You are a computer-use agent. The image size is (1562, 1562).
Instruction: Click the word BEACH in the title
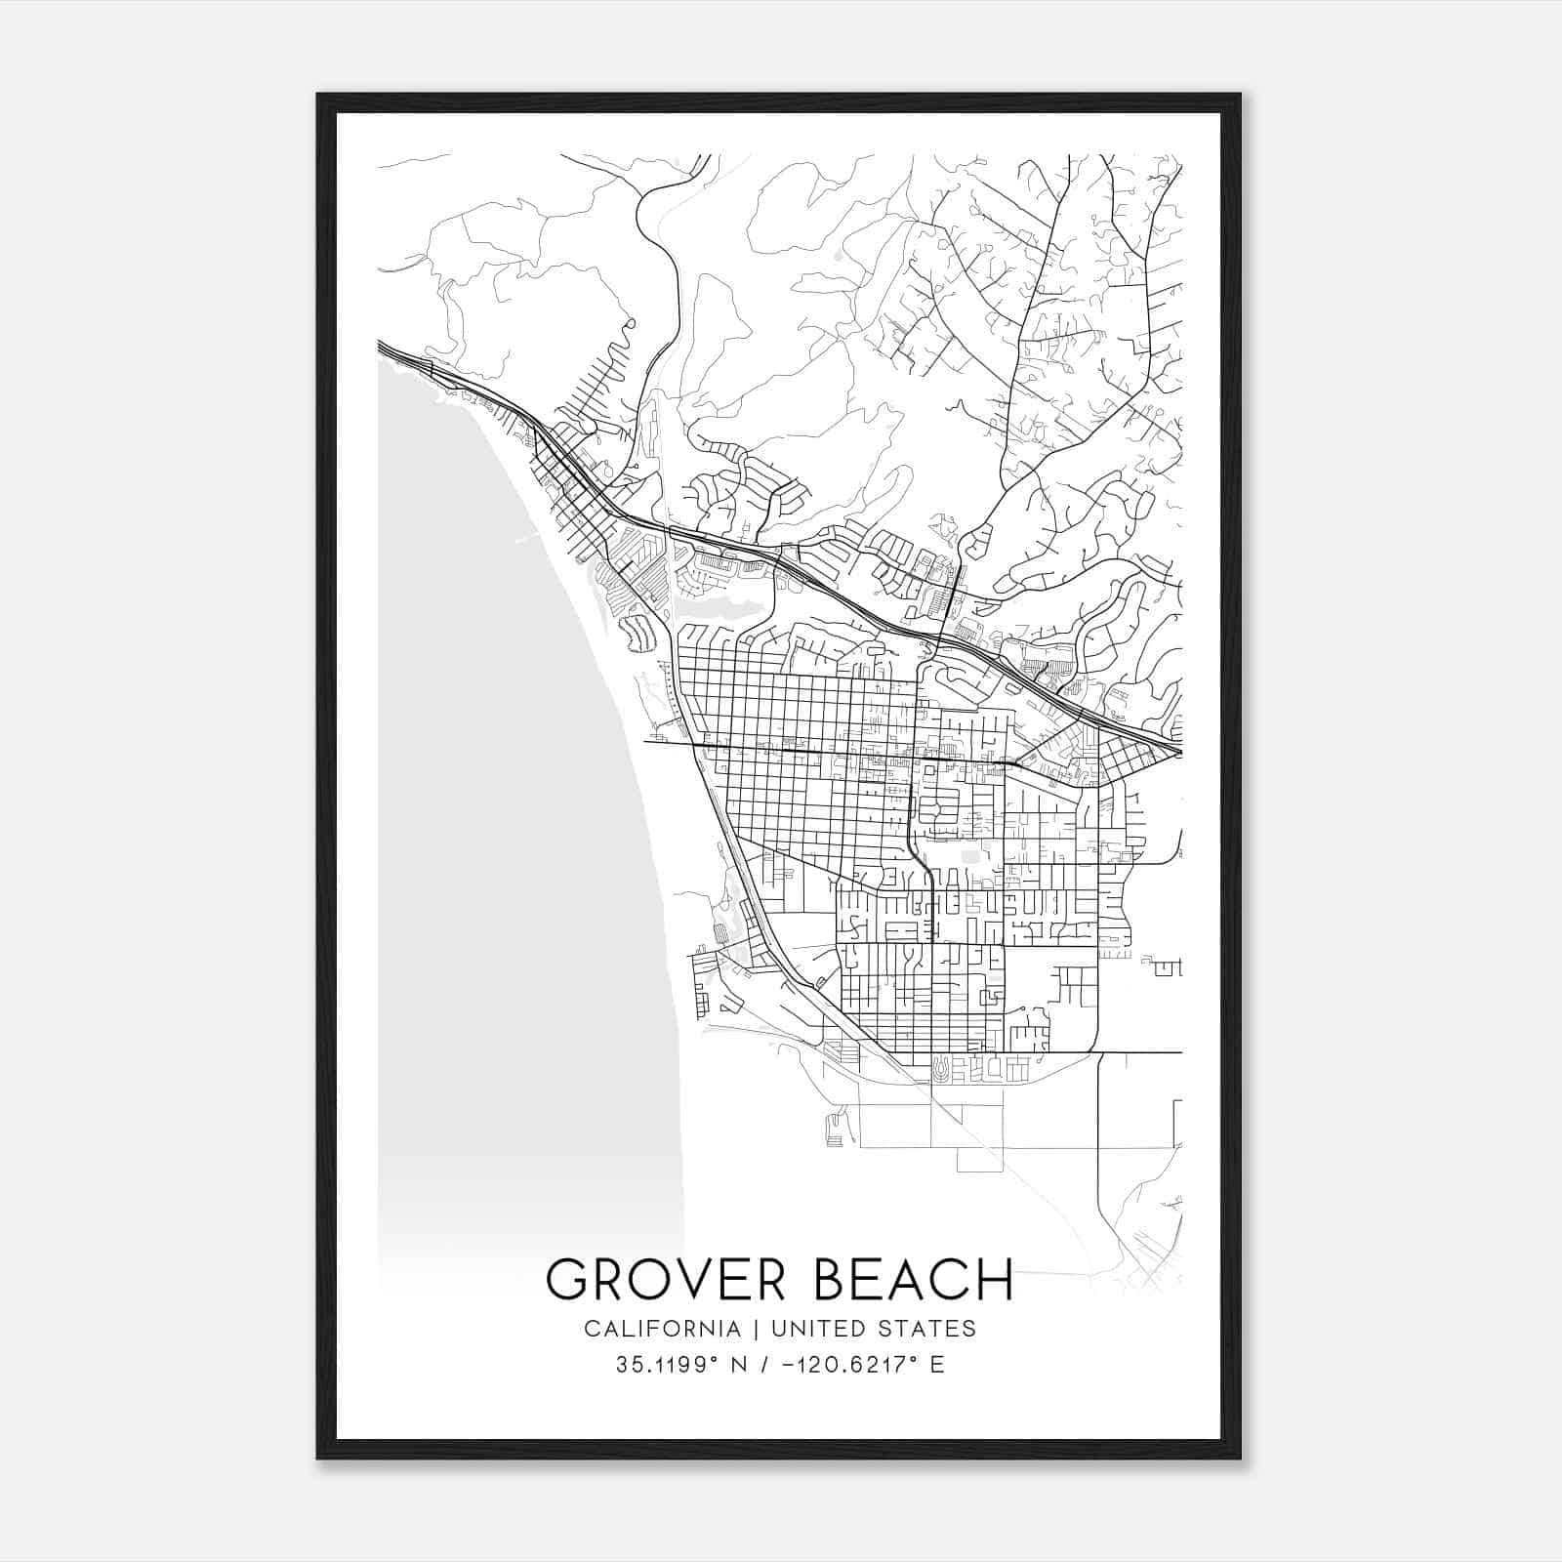coord(913,1280)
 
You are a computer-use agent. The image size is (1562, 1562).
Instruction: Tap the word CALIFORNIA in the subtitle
coord(661,1329)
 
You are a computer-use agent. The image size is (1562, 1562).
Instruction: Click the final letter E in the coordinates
coord(937,1365)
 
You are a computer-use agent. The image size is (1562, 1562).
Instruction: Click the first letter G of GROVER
coord(568,1280)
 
